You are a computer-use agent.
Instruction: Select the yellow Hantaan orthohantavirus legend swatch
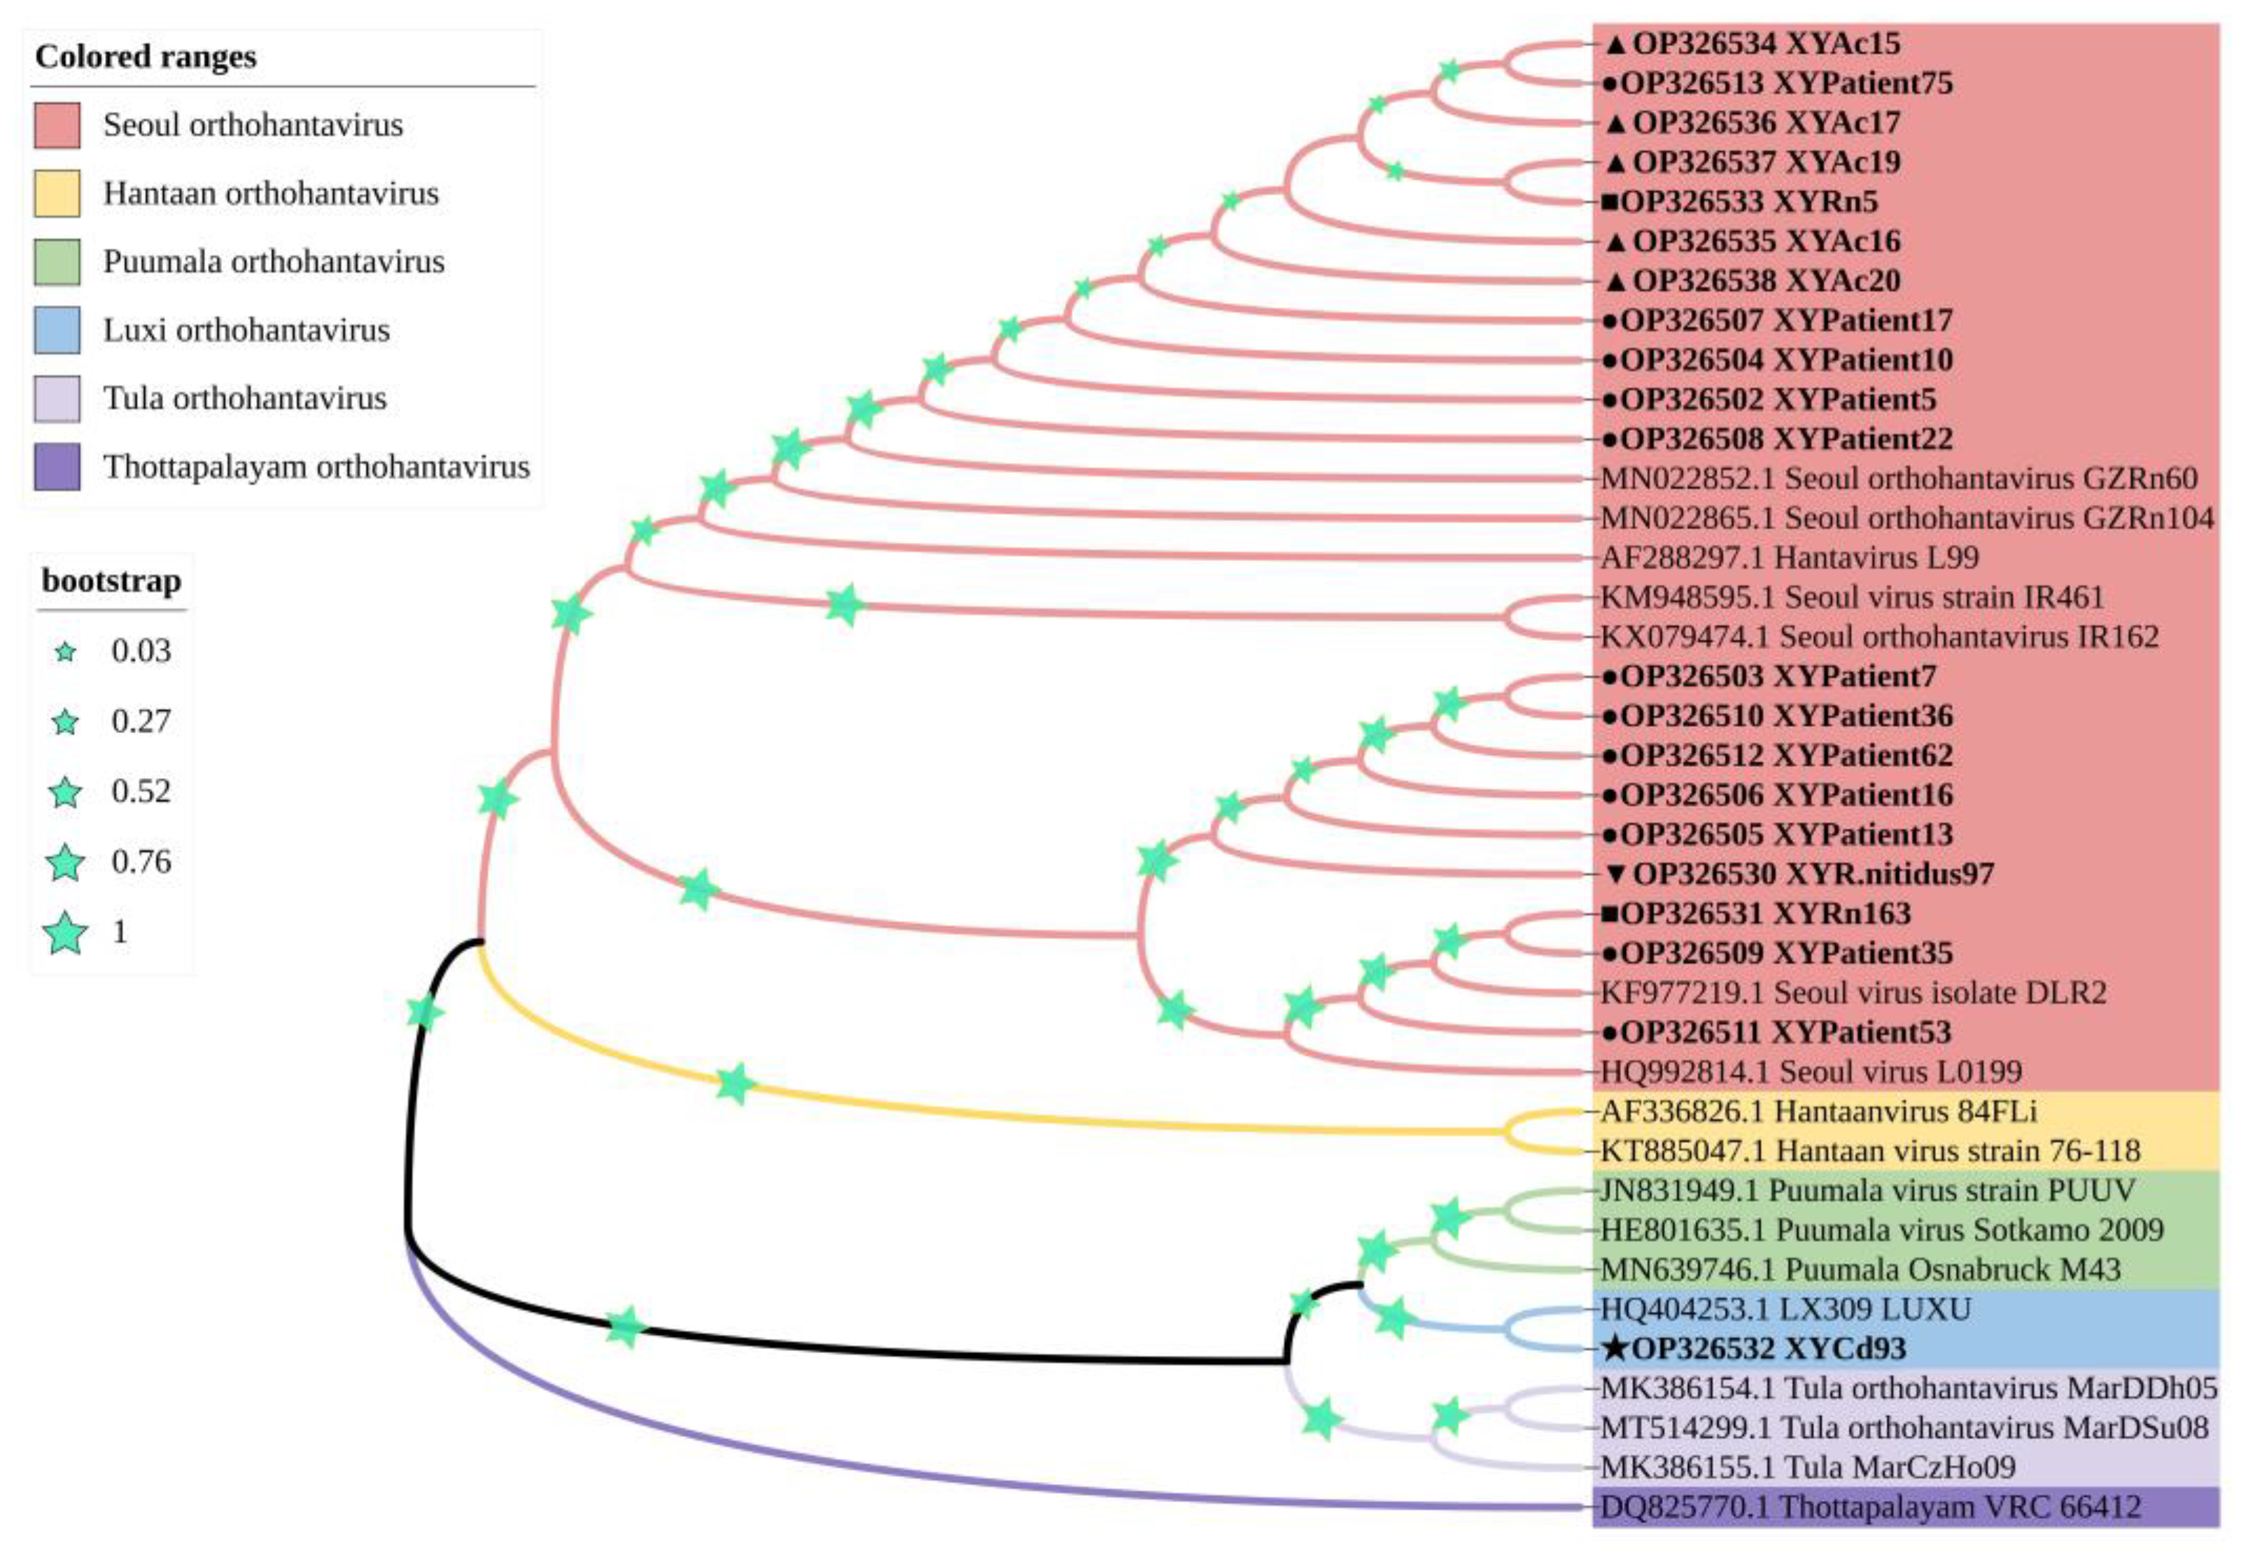57,194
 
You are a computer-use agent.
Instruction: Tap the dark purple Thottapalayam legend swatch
57,467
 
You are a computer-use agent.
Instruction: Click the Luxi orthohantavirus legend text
246,330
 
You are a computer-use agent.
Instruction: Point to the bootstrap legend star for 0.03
65,651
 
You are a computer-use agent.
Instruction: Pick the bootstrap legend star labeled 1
65,933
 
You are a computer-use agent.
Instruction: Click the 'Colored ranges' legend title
146,57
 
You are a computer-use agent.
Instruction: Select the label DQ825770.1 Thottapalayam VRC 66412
1870,1507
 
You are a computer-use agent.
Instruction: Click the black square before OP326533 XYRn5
1609,202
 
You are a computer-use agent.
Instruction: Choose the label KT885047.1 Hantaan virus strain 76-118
1870,1151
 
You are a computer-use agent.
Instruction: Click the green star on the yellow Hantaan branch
736,1084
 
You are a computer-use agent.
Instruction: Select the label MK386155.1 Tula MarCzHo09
1808,1467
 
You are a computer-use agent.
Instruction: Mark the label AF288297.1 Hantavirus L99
1789,558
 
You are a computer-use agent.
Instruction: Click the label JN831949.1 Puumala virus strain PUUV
1867,1191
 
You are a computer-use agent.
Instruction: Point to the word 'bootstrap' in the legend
111,581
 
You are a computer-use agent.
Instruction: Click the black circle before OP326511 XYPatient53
1609,1032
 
